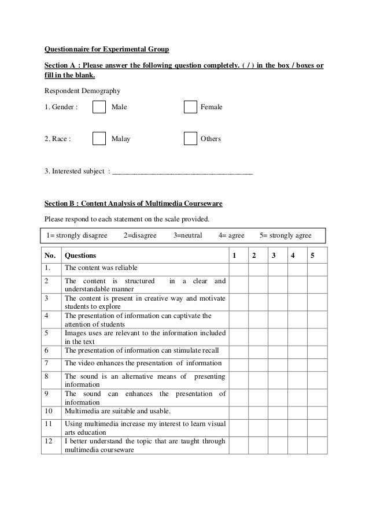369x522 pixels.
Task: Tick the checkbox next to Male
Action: [x=99, y=108]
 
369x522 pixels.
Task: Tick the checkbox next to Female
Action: [x=190, y=108]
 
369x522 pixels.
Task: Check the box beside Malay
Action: [x=99, y=139]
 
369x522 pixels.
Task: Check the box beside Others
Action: [x=190, y=139]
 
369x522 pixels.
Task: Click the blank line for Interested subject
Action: [x=182, y=171]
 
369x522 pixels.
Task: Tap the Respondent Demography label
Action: [x=82, y=91]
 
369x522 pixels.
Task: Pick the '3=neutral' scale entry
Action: [x=188, y=236]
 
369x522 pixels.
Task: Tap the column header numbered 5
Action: [x=313, y=256]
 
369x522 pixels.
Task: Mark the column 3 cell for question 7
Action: [x=278, y=364]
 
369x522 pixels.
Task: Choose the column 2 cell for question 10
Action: [x=258, y=411]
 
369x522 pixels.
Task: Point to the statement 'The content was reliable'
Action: [x=101, y=268]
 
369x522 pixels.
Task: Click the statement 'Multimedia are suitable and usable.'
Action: [x=117, y=411]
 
